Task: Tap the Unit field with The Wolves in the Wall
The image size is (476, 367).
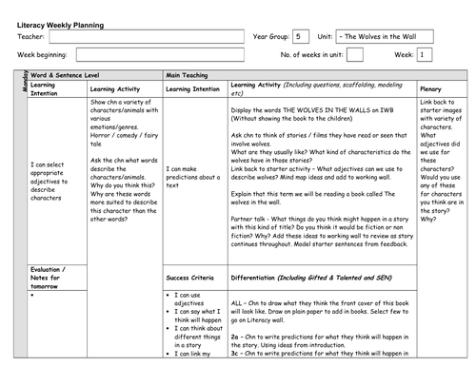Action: tap(386, 36)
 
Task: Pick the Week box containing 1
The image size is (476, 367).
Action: tap(425, 56)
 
